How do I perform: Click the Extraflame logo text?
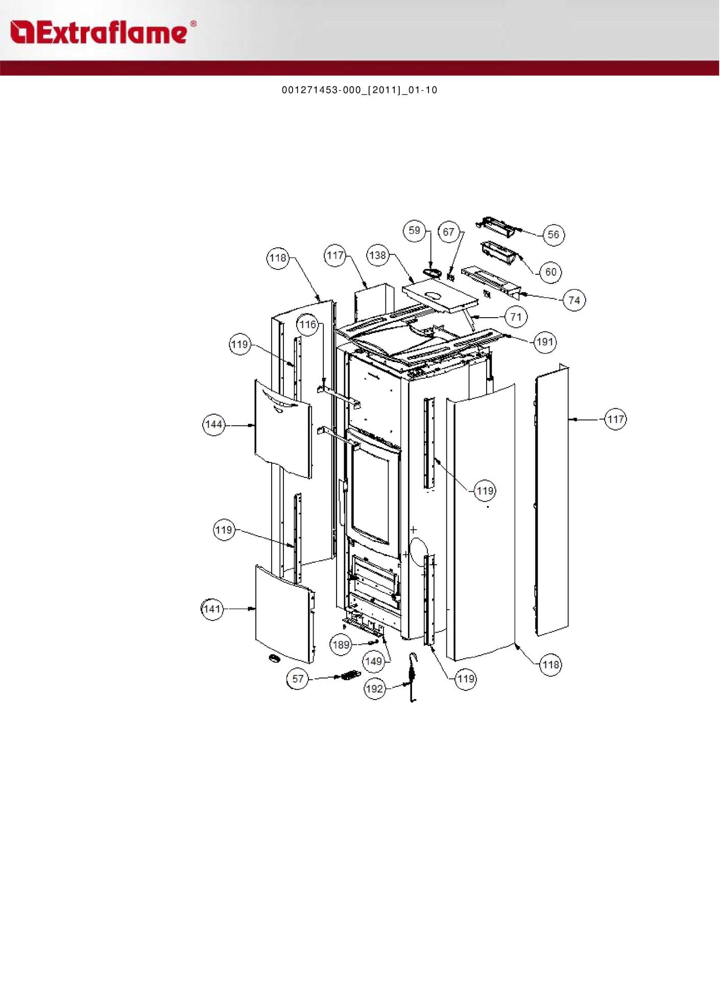tap(104, 32)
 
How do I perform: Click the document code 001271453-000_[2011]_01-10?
tap(359, 90)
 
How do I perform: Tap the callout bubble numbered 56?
tap(553, 235)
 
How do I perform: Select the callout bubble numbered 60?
tap(550, 272)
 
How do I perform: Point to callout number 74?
tap(574, 300)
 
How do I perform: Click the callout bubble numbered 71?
tap(516, 317)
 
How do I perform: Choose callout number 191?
tap(545, 342)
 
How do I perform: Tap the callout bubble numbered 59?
tap(414, 230)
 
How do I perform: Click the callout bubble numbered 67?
tap(448, 232)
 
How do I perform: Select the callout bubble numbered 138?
tap(378, 255)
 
